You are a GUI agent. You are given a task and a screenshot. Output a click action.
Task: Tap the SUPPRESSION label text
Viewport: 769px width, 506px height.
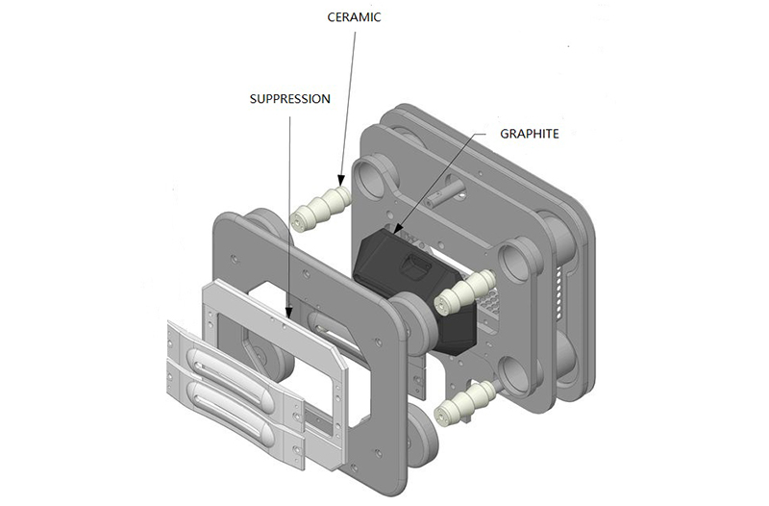[x=289, y=98]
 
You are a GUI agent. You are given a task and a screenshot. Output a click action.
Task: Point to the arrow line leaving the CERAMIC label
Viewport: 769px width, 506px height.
[x=348, y=96]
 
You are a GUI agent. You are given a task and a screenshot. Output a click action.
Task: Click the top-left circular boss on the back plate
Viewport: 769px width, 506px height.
[x=369, y=177]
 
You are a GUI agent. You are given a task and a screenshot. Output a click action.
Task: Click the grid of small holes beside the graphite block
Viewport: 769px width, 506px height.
[x=490, y=310]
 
